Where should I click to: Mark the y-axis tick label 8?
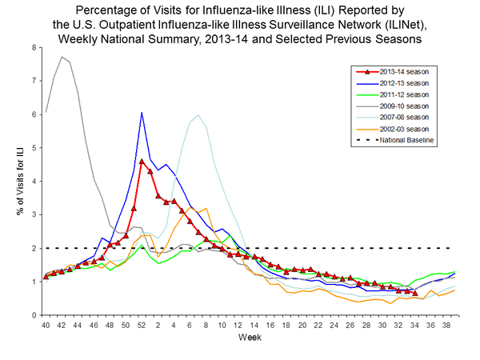(34, 47)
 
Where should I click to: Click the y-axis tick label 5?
(34, 148)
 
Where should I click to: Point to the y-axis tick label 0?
(34, 315)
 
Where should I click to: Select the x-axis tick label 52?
(142, 326)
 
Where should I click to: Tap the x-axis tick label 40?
(46, 326)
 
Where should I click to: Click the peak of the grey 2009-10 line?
(62, 57)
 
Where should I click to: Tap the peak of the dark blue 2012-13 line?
(142, 113)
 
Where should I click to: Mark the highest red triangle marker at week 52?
(142, 162)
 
